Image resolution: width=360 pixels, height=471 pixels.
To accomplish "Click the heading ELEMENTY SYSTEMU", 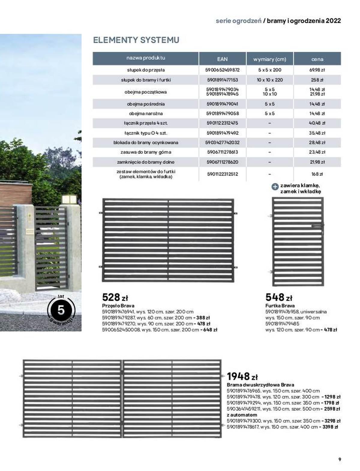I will pos(136,40).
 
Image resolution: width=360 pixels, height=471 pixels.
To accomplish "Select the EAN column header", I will pos(222,59).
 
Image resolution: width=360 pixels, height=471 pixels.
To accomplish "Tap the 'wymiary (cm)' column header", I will pos(270,59).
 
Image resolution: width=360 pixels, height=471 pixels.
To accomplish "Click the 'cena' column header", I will pos(317,59).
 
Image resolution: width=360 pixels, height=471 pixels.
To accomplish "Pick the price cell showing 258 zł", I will pos(317,80).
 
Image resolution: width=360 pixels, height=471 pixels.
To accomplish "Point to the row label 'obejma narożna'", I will pos(145,114).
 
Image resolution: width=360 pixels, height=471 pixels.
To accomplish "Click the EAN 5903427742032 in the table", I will pos(222,142).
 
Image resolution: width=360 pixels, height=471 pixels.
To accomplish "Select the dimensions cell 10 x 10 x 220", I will pos(270,80).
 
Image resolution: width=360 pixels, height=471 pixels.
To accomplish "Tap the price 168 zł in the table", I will pos(317,174).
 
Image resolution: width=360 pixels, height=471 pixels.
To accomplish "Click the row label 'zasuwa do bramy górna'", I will pos(145,152).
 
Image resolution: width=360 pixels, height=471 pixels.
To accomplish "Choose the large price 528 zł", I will pos(115,297).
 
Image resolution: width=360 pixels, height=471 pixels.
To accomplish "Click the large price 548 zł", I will pos(279,297).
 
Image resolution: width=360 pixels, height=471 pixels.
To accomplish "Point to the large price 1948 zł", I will pos(242,376).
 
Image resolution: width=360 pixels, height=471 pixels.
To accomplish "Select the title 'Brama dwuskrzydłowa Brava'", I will pos(260,385).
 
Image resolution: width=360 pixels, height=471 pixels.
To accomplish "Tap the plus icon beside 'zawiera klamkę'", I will pos(275,186).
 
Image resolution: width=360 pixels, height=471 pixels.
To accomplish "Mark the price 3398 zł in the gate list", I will pos(330,427).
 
